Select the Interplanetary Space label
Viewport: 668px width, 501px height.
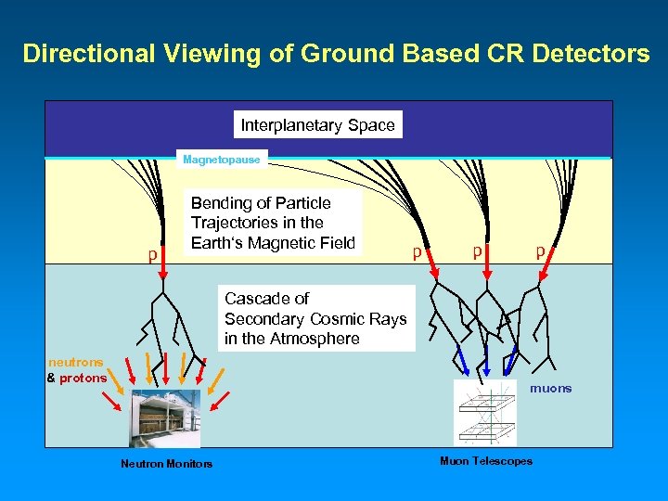317,125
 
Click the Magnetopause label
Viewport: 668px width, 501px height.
222,160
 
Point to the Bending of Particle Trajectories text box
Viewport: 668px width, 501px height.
273,223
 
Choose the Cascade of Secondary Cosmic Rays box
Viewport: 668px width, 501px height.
315,319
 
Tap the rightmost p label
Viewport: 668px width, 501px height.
539,250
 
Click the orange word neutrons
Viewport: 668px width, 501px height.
76,363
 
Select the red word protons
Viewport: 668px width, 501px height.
83,378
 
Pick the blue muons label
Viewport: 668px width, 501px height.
551,389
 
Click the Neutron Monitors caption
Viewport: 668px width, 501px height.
166,464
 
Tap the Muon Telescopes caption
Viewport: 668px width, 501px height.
486,461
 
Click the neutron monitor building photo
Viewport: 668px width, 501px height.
165,417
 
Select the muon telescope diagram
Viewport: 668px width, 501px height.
484,413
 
